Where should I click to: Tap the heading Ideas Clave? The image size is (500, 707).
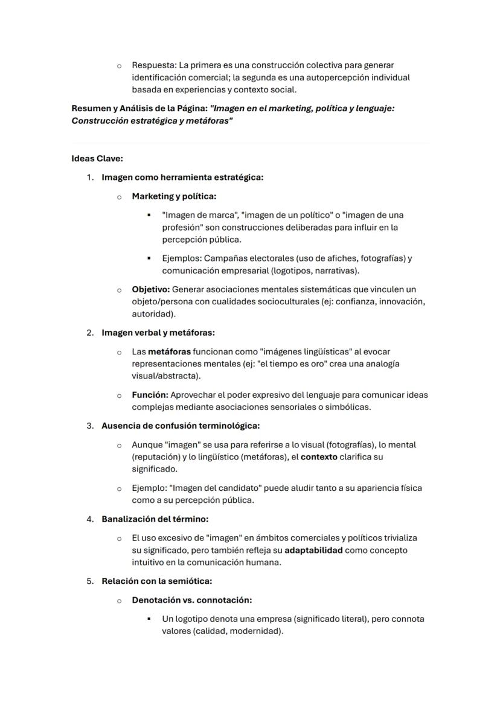pyautogui.click(x=97, y=159)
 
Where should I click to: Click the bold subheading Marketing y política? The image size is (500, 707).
pyautogui.click(x=174, y=196)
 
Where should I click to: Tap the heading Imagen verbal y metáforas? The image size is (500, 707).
pyautogui.click(x=158, y=333)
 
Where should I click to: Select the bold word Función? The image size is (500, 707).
pyautogui.click(x=150, y=395)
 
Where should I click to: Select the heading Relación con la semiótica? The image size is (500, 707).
pyautogui.click(x=156, y=581)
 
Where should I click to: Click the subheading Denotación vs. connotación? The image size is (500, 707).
pyautogui.click(x=191, y=600)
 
